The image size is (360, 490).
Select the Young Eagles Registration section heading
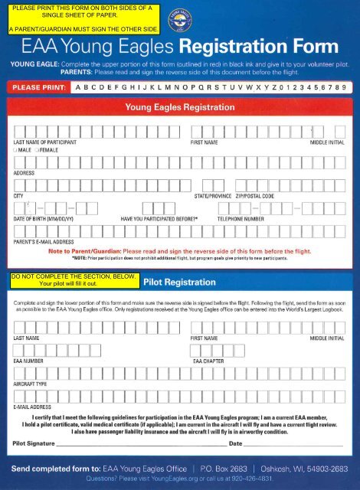(180, 109)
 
